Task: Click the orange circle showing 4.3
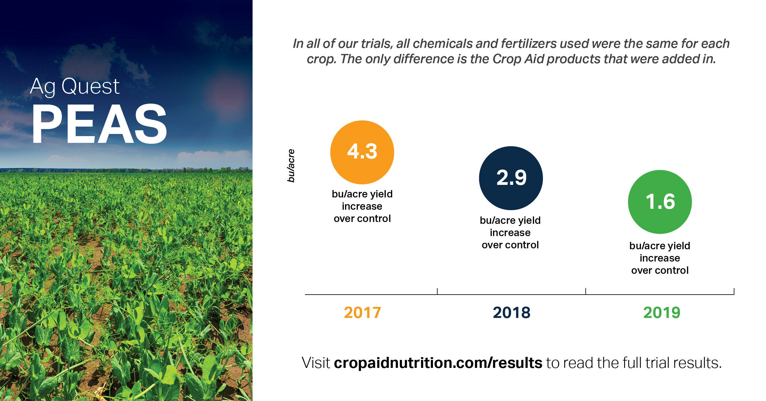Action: tap(362, 152)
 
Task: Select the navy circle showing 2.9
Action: tap(511, 178)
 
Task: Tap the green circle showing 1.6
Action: tap(660, 202)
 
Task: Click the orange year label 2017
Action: tap(362, 313)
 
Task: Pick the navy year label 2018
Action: tap(511, 313)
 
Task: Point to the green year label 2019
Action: tap(662, 313)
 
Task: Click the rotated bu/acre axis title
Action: tap(291, 166)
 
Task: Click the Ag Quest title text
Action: tap(74, 86)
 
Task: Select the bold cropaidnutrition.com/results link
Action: tap(438, 363)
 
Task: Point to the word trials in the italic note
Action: tap(377, 44)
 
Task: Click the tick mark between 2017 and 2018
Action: tap(437, 291)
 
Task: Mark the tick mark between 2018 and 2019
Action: tap(586, 291)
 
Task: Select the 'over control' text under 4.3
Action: tap(362, 219)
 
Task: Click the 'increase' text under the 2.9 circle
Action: tap(510, 233)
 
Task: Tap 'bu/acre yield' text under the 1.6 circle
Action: tap(660, 246)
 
